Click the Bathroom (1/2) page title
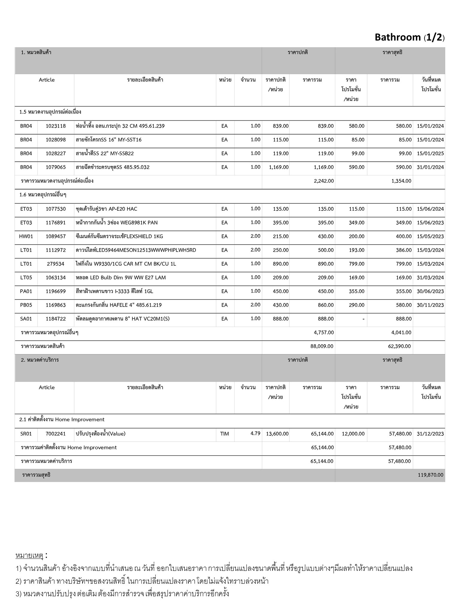(x=409, y=37)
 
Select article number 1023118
(x=56, y=126)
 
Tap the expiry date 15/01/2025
(x=430, y=154)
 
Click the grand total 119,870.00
(x=430, y=475)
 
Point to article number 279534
(x=56, y=264)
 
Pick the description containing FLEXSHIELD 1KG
(x=119, y=236)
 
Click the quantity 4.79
(x=255, y=433)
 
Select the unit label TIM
(x=224, y=434)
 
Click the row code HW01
(x=26, y=236)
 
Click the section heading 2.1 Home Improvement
(x=62, y=420)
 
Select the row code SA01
(x=26, y=319)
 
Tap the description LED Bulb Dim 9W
(x=121, y=278)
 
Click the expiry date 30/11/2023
(x=430, y=305)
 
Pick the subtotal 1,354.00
(x=401, y=181)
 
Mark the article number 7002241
(x=56, y=434)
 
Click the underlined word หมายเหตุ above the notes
(x=29, y=556)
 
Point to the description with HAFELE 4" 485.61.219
(x=119, y=305)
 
